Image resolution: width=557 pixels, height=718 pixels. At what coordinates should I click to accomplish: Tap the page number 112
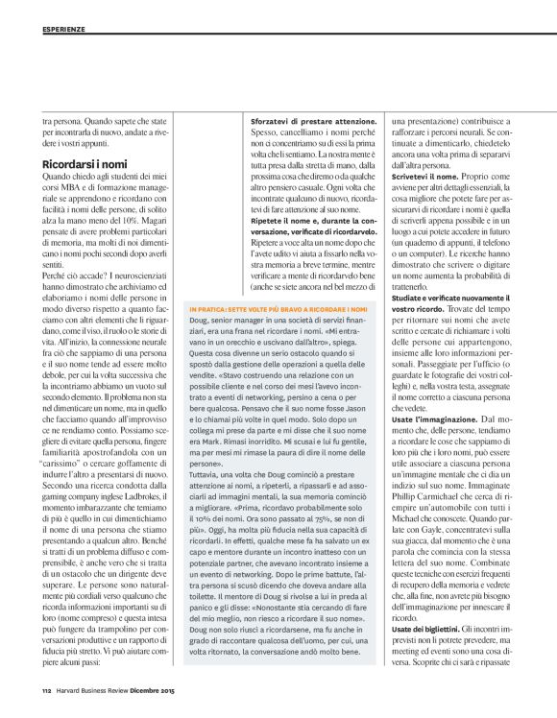pyautogui.click(x=45, y=687)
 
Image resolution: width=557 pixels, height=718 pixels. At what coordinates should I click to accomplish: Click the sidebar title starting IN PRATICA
pyautogui.click(x=278, y=284)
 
